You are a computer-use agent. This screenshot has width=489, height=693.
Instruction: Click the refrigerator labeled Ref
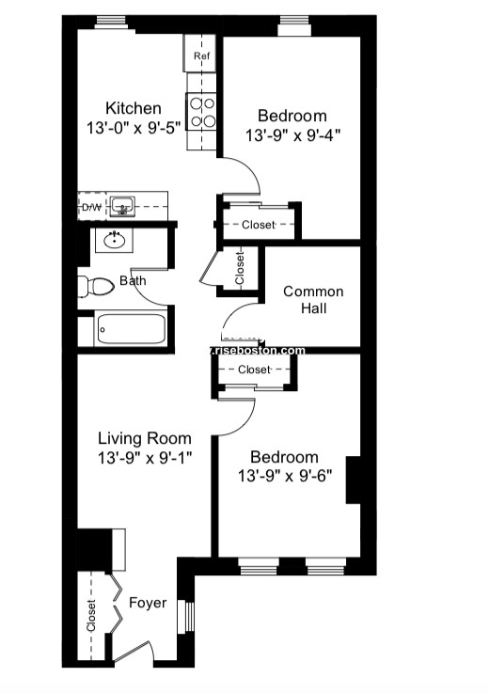(x=200, y=55)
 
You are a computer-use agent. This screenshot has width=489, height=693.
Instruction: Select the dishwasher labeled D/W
(x=91, y=206)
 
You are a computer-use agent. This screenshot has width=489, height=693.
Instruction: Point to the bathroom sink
(x=116, y=240)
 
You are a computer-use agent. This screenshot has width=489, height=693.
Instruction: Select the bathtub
(x=131, y=329)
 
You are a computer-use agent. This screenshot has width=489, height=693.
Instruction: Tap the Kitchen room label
(x=133, y=108)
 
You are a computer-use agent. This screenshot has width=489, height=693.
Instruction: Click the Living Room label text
(x=145, y=438)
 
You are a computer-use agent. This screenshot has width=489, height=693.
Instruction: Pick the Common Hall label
(x=313, y=300)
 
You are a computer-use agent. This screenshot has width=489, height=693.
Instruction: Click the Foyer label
(x=148, y=603)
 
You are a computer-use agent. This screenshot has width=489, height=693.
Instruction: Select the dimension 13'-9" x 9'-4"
(x=292, y=134)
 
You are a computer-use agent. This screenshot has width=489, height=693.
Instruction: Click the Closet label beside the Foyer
(x=91, y=617)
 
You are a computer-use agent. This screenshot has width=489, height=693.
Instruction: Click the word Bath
(x=133, y=280)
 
